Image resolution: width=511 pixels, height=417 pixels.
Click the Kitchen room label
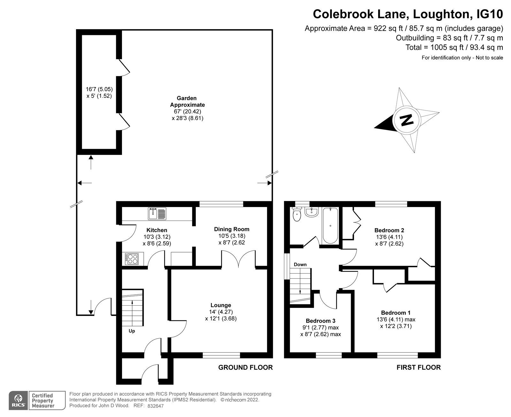coord(156,230)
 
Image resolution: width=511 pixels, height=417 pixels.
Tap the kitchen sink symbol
coord(157,213)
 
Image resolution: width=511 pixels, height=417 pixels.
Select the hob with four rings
coord(131,259)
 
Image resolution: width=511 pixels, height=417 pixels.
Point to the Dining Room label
coord(232,229)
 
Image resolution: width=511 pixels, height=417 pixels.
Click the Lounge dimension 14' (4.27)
coord(221,312)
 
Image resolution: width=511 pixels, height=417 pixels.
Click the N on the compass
coord(406,120)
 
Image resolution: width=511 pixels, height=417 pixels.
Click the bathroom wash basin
coord(310,212)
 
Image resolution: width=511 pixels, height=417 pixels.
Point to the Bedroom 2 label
coord(389,230)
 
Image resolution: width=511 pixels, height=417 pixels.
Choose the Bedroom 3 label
coord(320,321)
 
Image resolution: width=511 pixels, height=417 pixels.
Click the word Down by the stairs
coord(300,264)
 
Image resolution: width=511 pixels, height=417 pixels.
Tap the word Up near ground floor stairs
coord(132,331)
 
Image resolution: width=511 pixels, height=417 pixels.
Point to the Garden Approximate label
coord(187,101)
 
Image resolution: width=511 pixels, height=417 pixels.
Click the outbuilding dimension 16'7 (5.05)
coord(99,89)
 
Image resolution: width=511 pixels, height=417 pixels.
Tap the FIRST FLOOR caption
coord(418,367)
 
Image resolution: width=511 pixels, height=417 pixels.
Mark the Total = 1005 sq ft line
coord(454,47)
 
